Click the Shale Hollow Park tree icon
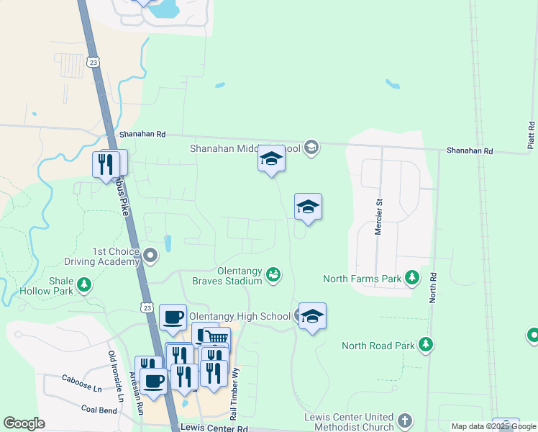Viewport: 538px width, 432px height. click(x=84, y=284)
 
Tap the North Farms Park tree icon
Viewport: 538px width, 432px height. click(x=411, y=277)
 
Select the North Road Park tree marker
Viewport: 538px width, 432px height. click(x=426, y=344)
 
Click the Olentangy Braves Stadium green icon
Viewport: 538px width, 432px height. click(x=273, y=274)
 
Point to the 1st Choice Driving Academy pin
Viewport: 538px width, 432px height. click(x=150, y=255)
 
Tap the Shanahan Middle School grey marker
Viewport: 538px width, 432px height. click(x=311, y=148)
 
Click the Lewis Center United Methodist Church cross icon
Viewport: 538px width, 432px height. click(x=404, y=420)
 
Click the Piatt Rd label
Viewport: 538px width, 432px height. click(x=531, y=135)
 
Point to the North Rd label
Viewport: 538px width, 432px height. click(x=433, y=287)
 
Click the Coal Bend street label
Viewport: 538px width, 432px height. click(x=99, y=410)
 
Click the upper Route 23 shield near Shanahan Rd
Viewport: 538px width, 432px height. click(x=93, y=62)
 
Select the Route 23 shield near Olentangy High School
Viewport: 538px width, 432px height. click(x=147, y=307)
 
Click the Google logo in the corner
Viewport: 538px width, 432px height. click(x=24, y=423)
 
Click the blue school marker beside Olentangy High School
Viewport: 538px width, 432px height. click(x=312, y=315)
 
